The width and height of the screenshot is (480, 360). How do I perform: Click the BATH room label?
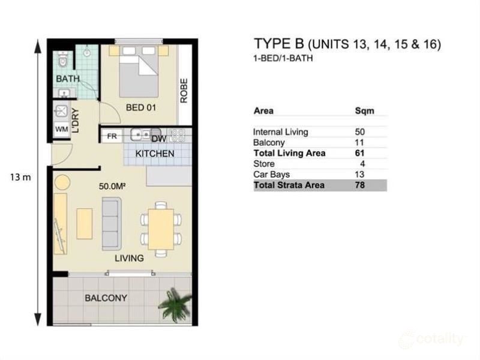coord(68,79)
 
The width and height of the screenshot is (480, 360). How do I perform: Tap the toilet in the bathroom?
coord(63,60)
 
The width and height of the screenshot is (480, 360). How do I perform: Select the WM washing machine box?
coord(62,129)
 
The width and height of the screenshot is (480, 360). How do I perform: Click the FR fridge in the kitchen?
coord(112,136)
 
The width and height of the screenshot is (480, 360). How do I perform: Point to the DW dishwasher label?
coord(159,139)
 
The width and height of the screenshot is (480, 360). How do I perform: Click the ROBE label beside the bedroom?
coord(184,91)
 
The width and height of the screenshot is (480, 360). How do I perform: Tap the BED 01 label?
coord(141,107)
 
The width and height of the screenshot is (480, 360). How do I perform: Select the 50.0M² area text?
coord(112,186)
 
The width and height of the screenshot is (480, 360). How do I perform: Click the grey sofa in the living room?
coord(112,224)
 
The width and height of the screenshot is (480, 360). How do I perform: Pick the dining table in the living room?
coord(161,229)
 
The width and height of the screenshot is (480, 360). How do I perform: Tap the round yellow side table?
coord(62,182)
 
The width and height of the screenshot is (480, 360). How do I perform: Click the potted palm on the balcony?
coord(175,305)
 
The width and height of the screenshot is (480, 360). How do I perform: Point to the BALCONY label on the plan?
coord(106,298)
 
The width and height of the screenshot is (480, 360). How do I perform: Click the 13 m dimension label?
coord(20,177)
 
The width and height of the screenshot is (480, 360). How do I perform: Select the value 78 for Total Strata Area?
coord(360,185)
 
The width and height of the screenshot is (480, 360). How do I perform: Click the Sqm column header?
coord(365,110)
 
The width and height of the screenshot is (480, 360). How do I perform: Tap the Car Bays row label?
coord(272,175)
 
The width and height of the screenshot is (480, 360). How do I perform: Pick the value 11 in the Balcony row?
coord(359,143)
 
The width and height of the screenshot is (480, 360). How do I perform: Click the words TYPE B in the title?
coord(279,44)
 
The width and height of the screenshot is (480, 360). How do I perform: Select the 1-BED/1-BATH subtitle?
coord(283,58)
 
